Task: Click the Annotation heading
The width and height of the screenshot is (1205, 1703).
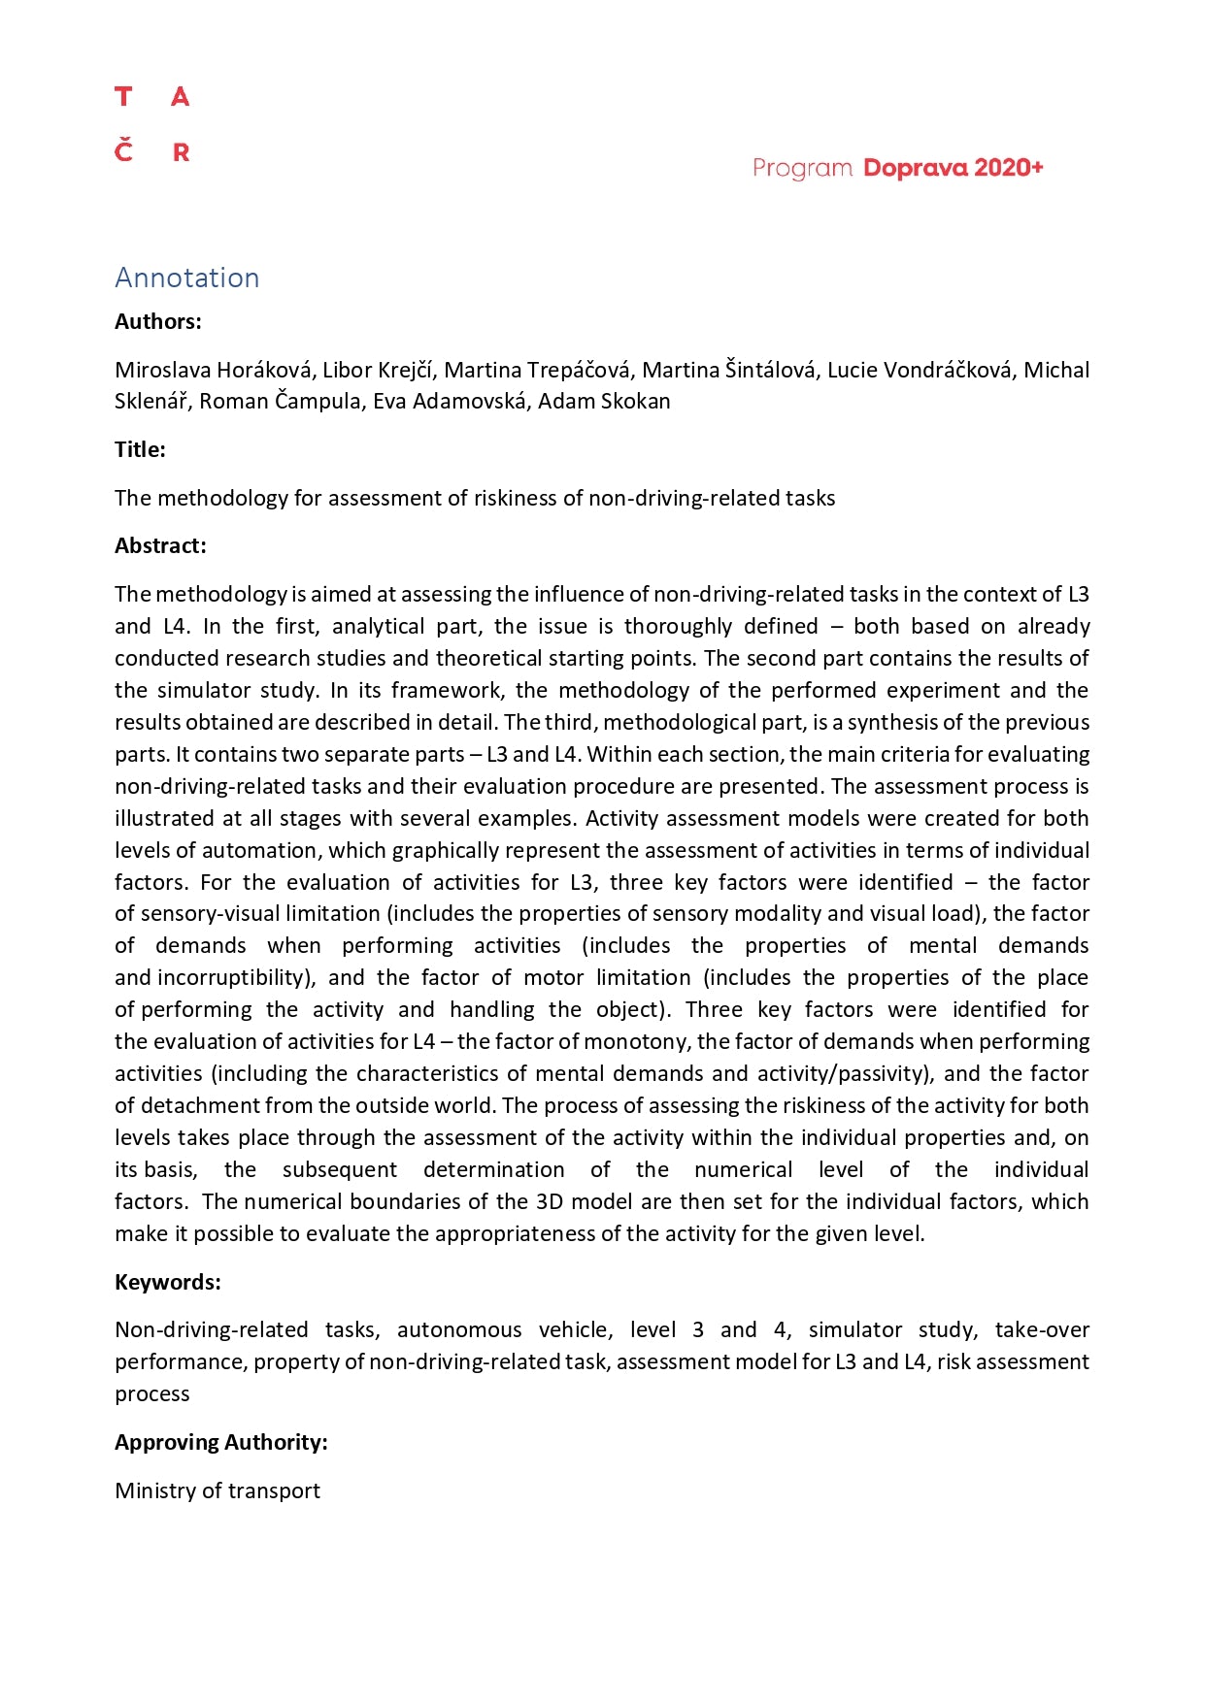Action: pos(186,278)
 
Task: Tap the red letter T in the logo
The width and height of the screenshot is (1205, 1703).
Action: pos(123,97)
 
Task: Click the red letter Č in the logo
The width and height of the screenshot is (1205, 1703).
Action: pos(123,150)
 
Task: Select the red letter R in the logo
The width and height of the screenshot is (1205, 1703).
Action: pos(181,152)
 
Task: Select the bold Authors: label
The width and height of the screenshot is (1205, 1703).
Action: pos(158,321)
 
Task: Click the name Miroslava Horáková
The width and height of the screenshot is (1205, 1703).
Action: pos(214,370)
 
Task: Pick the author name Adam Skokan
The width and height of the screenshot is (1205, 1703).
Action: pos(604,401)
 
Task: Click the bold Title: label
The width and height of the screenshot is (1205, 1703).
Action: pos(140,449)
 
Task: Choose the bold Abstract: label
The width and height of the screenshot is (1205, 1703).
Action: pos(160,545)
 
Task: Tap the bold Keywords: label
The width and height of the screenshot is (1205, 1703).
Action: pos(168,1282)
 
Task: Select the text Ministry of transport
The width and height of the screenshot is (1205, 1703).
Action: pos(218,1490)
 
